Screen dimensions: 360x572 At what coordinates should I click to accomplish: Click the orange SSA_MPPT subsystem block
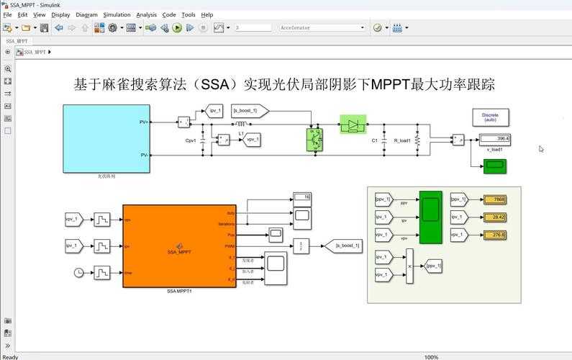(179, 246)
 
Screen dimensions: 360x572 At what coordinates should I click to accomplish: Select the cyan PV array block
(106, 138)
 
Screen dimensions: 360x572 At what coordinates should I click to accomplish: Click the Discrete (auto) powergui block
(490, 117)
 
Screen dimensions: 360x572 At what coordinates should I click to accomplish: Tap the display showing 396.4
(494, 138)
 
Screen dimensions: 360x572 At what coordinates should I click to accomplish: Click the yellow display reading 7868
(494, 199)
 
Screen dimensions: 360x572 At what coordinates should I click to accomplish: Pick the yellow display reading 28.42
(494, 217)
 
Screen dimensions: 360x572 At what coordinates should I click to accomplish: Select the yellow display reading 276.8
(494, 235)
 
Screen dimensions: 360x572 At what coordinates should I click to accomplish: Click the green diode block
(353, 125)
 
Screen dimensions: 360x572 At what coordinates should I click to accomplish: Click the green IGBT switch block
(314, 139)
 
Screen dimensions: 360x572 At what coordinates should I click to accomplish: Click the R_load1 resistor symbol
(430, 140)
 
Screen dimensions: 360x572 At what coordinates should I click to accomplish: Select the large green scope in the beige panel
(430, 217)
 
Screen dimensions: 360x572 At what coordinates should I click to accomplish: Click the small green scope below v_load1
(494, 166)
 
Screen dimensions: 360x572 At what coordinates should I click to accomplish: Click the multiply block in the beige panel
(409, 266)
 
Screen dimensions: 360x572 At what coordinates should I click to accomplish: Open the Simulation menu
(117, 14)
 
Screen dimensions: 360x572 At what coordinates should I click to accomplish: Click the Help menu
(206, 14)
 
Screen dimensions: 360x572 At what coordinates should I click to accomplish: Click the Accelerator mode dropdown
(322, 28)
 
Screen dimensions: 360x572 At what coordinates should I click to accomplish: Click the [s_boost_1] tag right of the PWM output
(342, 246)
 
